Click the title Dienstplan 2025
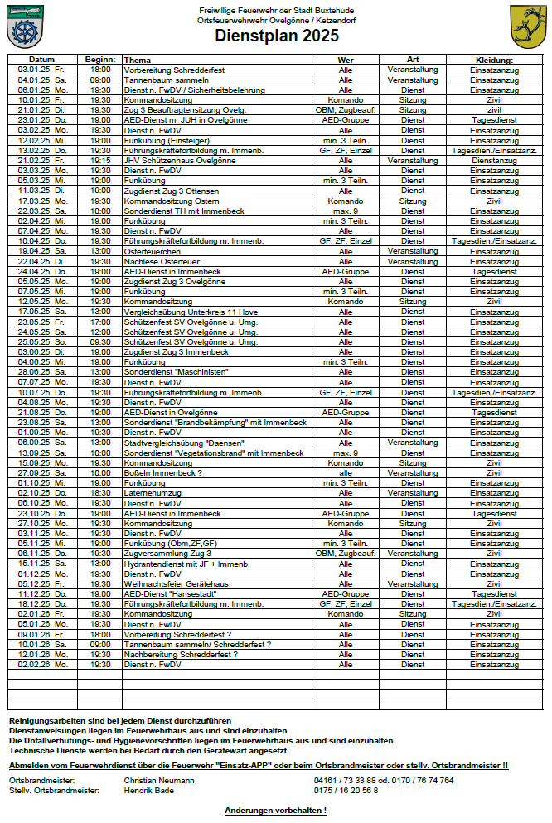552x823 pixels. tap(275, 35)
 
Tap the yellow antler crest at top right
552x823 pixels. tap(527, 27)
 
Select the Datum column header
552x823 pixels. tap(41, 61)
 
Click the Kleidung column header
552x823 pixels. tap(494, 61)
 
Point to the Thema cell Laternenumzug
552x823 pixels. tap(152, 492)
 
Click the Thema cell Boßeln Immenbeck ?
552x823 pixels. tap(162, 472)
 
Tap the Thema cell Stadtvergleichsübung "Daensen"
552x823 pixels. tap(182, 442)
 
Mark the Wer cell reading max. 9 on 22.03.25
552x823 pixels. tap(346, 211)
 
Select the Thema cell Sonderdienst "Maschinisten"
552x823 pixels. tap(177, 372)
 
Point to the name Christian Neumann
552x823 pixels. tap(159, 780)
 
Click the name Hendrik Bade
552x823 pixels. tap(149, 790)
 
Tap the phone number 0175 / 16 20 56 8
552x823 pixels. tap(346, 790)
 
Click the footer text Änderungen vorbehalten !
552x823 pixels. tap(275, 810)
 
